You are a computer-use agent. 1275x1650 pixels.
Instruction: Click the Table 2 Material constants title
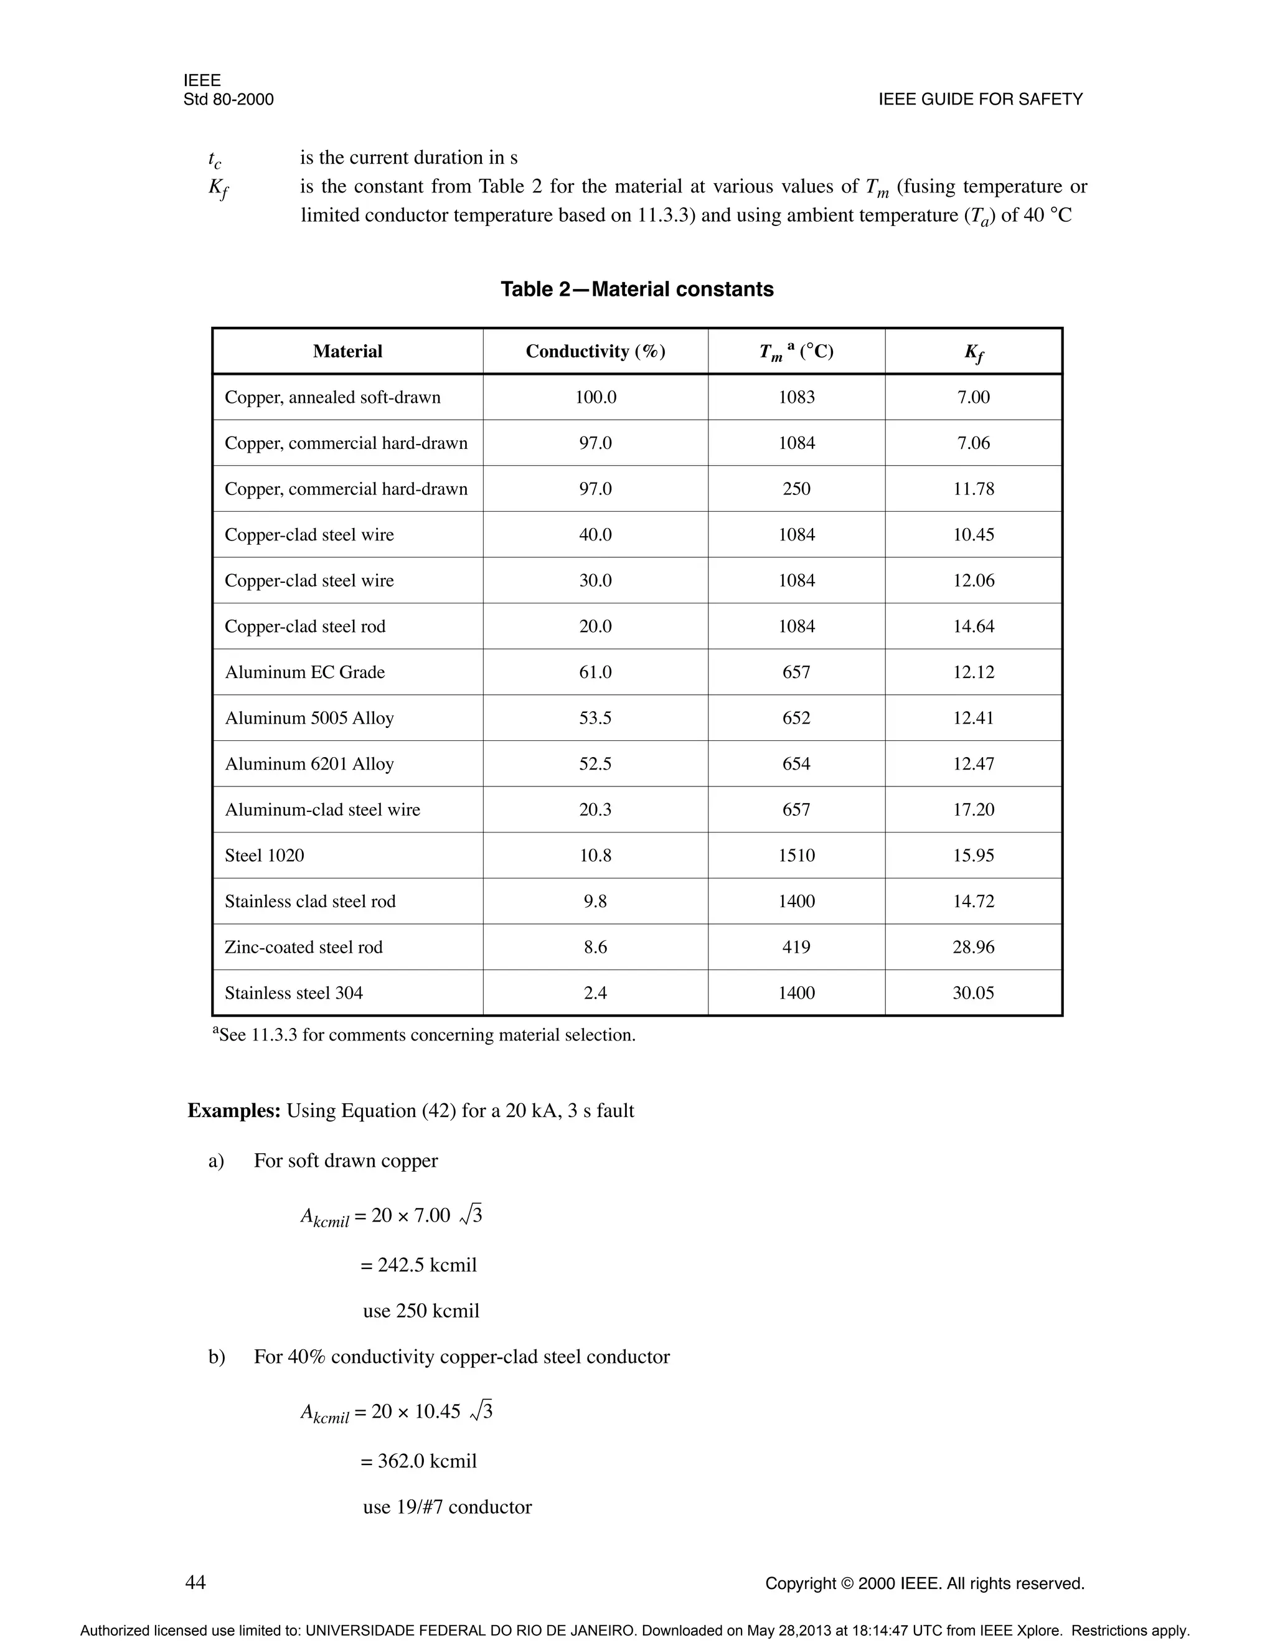(637, 290)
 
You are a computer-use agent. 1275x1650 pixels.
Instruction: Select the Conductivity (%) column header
(595, 351)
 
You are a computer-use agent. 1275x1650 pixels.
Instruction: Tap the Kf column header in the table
(973, 352)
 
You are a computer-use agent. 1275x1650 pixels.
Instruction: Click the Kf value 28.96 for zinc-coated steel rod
(973, 948)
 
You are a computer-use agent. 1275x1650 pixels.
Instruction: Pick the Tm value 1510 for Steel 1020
(796, 856)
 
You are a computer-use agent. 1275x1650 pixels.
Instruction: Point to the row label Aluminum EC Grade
(304, 672)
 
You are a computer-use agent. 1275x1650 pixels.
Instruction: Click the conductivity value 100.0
(595, 397)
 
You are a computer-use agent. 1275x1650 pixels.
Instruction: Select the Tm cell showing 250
(796, 489)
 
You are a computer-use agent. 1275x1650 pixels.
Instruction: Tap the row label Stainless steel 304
(294, 992)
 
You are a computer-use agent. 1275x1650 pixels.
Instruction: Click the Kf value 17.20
(973, 810)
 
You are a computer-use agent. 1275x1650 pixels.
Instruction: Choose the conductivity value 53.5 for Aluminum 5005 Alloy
(595, 718)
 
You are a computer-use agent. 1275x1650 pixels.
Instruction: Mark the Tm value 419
(796, 948)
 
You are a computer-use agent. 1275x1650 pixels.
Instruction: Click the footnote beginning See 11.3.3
(424, 1035)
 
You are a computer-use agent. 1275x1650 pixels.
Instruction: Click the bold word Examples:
(234, 1111)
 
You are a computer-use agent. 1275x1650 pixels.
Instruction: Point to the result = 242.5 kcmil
(418, 1265)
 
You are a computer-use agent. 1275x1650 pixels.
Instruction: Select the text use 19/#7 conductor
(447, 1506)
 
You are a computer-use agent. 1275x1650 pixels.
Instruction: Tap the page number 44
(195, 1582)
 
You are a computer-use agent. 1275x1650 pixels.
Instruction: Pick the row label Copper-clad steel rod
(305, 626)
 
